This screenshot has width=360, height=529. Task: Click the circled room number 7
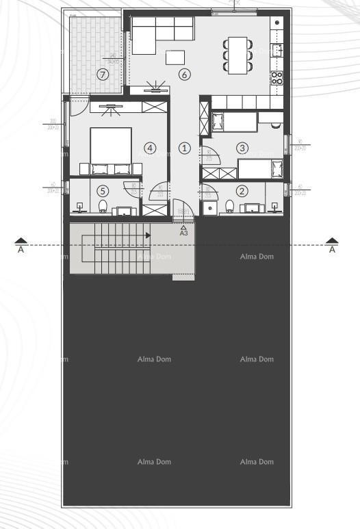pos(103,75)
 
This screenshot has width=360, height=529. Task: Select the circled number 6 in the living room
pos(184,75)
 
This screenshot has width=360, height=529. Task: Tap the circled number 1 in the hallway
pos(184,148)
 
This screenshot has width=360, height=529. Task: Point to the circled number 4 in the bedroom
pos(149,147)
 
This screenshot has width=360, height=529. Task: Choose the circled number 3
pos(242,147)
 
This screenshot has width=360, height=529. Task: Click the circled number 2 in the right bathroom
pos(240,192)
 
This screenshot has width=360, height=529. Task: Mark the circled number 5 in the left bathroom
pos(103,192)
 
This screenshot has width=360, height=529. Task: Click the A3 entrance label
pos(183,233)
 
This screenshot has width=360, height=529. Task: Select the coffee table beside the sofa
pos(175,57)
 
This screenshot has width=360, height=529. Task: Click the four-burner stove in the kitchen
pos(278,77)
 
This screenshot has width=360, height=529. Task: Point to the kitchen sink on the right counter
pos(277,50)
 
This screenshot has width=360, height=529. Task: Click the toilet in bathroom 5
pos(103,206)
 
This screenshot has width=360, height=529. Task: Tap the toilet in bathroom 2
pos(230,205)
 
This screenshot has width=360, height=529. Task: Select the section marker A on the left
pos(21,244)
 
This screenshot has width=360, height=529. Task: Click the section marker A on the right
pos(333,244)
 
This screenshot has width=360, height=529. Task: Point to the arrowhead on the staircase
pos(147,235)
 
